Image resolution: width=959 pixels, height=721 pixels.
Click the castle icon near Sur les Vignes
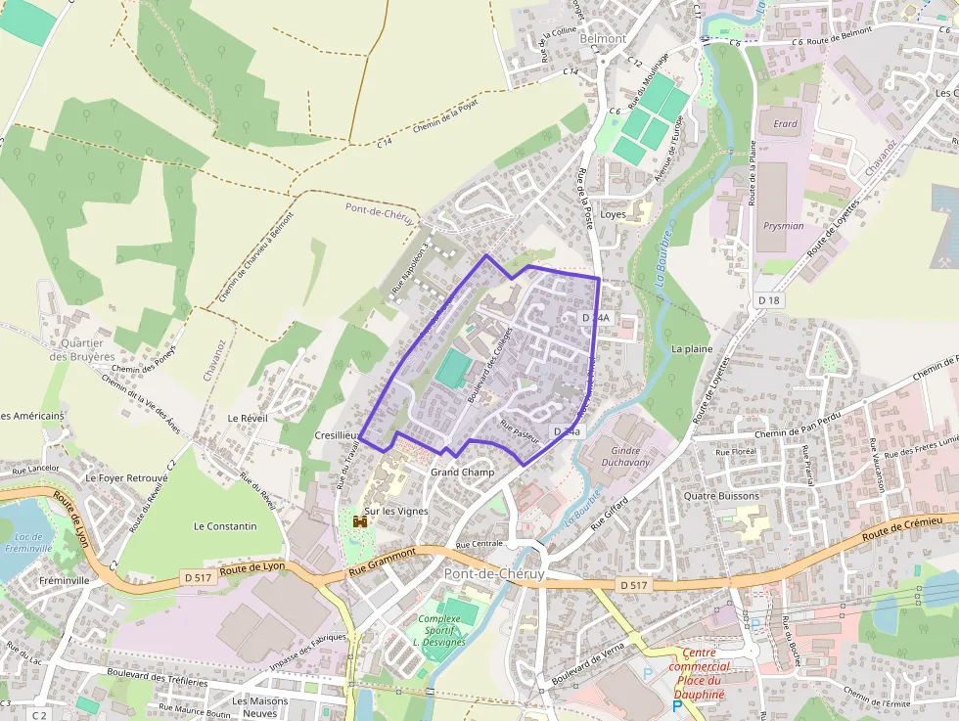click(360, 522)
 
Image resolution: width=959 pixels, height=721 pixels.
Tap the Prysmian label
click(783, 226)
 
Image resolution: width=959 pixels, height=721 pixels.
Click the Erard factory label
click(786, 124)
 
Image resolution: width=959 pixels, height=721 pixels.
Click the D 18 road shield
click(770, 301)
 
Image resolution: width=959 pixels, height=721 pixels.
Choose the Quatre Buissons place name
click(721, 496)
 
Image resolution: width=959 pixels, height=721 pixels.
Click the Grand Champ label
click(462, 473)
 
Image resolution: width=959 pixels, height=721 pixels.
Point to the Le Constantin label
click(225, 526)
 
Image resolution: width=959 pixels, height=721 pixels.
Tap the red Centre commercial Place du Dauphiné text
click(699, 673)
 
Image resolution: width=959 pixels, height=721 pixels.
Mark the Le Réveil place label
click(247, 418)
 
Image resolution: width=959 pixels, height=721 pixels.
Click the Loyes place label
click(613, 214)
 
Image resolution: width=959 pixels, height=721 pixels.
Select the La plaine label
click(692, 348)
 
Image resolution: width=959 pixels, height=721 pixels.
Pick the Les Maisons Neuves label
click(260, 706)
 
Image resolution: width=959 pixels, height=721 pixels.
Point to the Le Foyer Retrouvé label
click(126, 478)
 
